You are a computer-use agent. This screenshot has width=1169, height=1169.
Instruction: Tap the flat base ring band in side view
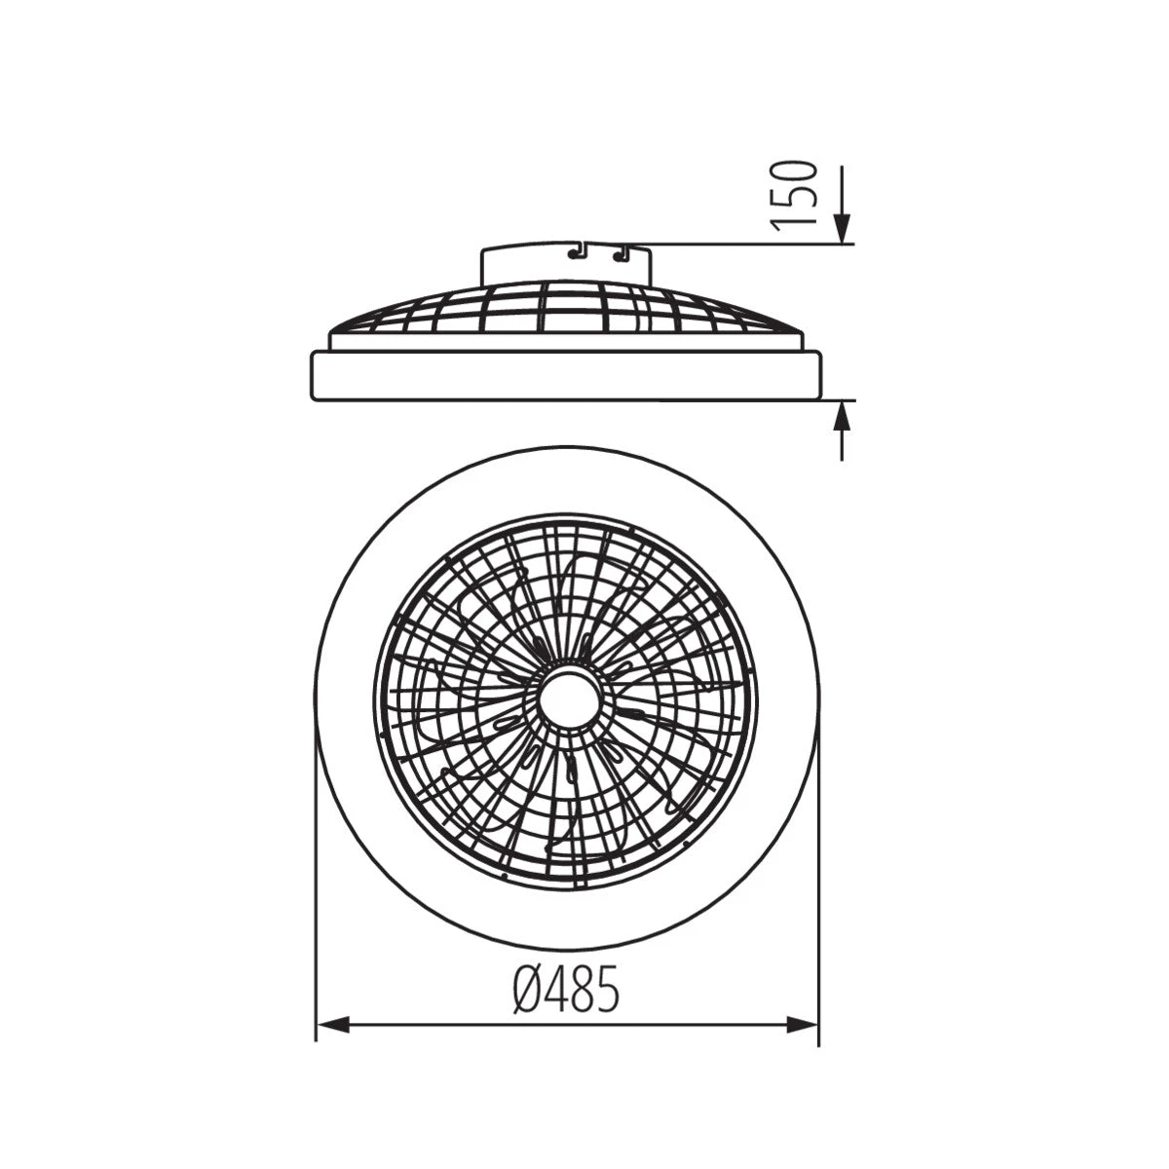coord(565,376)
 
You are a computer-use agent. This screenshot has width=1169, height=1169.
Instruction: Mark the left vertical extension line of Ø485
coord(316,877)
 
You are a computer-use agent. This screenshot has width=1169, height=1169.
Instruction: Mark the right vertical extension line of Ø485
coord(818,877)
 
